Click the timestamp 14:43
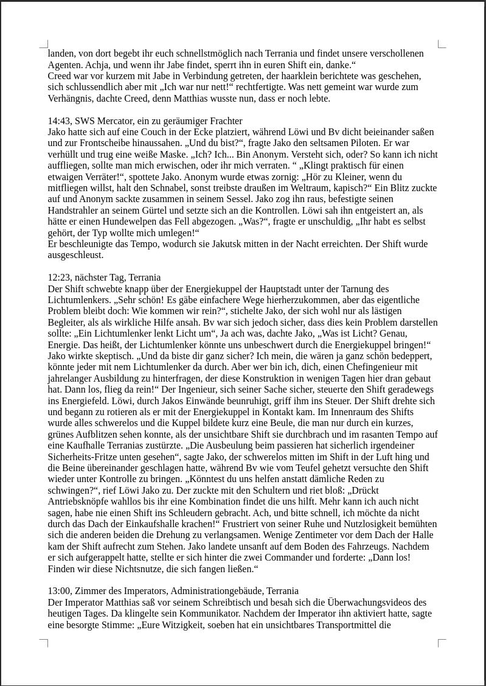pos(60,121)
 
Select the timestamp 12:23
pos(60,277)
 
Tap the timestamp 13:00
pos(60,590)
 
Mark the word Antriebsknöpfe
pos(79,501)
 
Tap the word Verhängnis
pos(71,98)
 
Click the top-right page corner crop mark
pos(442,44)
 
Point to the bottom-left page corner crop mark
pos(44,642)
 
